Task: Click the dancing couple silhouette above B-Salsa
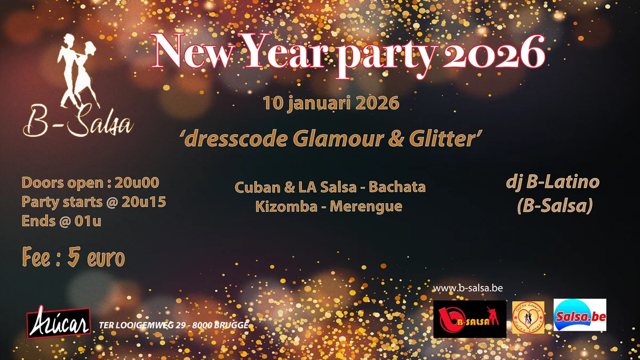point(77,70)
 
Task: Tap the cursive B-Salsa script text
point(78,122)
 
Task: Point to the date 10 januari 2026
point(331,103)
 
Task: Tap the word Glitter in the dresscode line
point(442,139)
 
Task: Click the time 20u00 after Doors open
point(137,182)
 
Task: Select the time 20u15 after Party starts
point(143,202)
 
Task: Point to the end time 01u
point(87,221)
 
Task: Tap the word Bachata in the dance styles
point(397,187)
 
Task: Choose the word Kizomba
point(286,206)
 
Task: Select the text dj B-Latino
point(553,182)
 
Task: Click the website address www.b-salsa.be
point(468,288)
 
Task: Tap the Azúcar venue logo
point(59,322)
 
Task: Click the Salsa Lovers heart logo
point(529,317)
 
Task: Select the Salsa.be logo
point(580,315)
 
